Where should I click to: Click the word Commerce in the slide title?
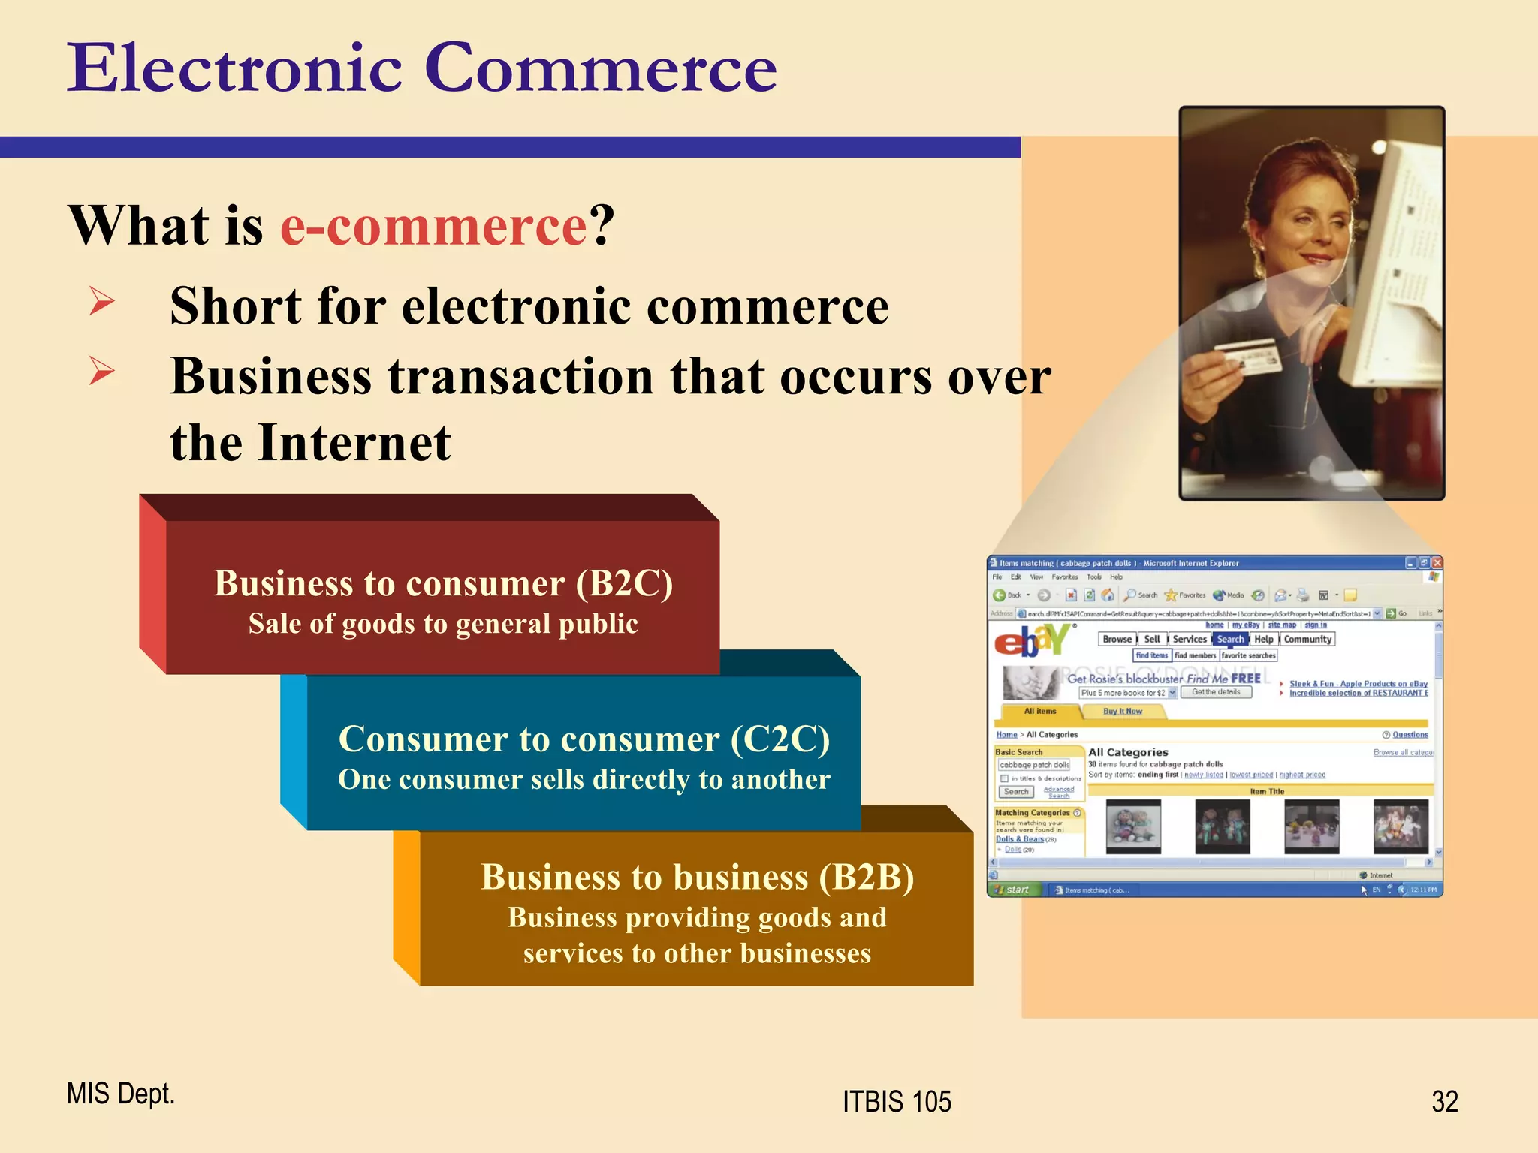pos(600,69)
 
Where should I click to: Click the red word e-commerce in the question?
pos(433,226)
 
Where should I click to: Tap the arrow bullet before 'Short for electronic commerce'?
pos(101,302)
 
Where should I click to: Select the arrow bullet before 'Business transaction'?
pos(101,371)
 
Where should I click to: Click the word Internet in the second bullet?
pos(354,443)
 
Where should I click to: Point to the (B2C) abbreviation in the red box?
pos(624,584)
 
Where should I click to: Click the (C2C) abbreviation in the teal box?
pos(780,739)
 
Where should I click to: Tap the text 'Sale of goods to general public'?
pos(443,625)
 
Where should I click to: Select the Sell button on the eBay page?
pos(1152,640)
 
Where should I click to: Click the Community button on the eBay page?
pos(1307,640)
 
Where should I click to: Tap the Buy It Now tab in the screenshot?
pos(1122,712)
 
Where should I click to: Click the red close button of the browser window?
pos(1437,563)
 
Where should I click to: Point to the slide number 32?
pos(1444,1102)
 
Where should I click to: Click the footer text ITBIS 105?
pos(897,1102)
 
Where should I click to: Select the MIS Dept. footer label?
pos(120,1094)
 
